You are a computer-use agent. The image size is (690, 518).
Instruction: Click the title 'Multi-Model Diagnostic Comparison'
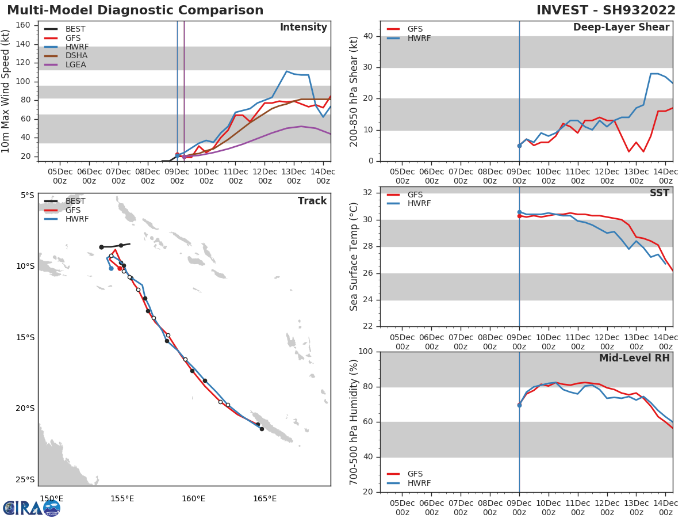click(135, 10)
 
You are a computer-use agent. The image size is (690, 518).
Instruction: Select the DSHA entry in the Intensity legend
click(76, 56)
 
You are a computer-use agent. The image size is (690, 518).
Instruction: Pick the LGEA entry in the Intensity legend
click(76, 64)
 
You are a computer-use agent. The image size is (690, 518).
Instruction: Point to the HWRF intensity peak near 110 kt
click(286, 71)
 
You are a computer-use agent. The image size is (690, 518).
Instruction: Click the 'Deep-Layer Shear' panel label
click(621, 28)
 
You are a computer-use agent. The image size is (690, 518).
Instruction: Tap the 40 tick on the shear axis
click(369, 36)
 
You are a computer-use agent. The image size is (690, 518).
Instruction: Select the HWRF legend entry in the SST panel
click(419, 204)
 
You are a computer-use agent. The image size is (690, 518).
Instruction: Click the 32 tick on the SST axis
click(369, 193)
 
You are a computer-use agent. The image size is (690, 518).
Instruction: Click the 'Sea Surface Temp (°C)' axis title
click(354, 257)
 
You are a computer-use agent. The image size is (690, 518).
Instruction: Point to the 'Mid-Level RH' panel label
click(634, 358)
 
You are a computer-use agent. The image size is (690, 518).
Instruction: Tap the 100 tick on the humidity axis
click(366, 352)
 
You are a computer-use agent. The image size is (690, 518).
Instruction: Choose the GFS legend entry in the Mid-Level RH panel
click(415, 474)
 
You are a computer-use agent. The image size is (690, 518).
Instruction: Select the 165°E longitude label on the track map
click(264, 498)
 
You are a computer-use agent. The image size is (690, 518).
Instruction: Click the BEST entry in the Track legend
click(75, 201)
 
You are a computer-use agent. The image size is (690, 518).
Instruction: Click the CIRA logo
click(31, 508)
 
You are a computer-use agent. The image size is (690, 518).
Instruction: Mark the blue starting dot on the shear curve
click(519, 146)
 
